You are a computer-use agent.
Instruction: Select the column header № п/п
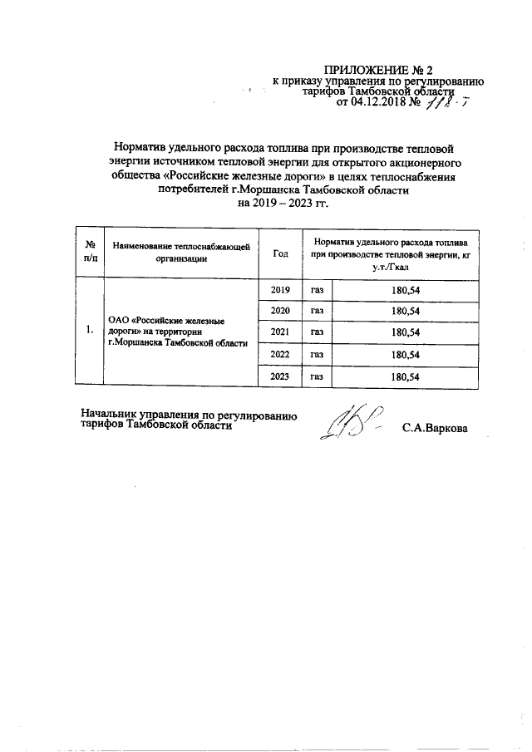(89, 250)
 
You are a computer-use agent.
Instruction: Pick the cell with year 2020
(281, 310)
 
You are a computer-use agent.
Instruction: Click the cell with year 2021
(281, 332)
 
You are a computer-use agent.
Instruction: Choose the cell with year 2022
(281, 354)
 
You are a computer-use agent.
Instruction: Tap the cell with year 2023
(281, 376)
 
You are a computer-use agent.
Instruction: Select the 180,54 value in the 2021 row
(405, 332)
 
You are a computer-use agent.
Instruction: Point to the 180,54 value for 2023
(405, 376)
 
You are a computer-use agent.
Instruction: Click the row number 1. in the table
(89, 332)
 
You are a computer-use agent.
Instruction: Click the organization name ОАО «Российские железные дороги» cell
(180, 332)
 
